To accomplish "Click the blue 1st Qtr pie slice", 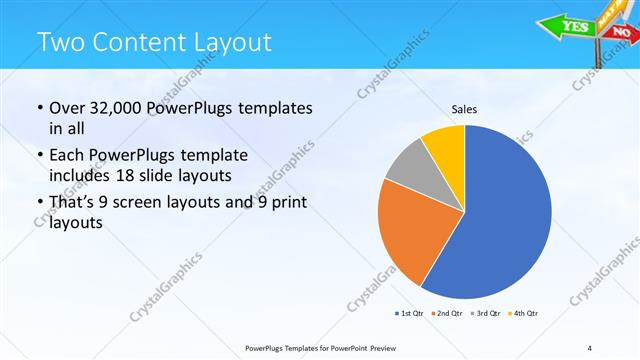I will click(505, 220).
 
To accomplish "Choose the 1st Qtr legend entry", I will click(409, 314).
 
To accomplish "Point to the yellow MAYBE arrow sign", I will click(607, 12).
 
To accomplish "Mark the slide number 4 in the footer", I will click(591, 347).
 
